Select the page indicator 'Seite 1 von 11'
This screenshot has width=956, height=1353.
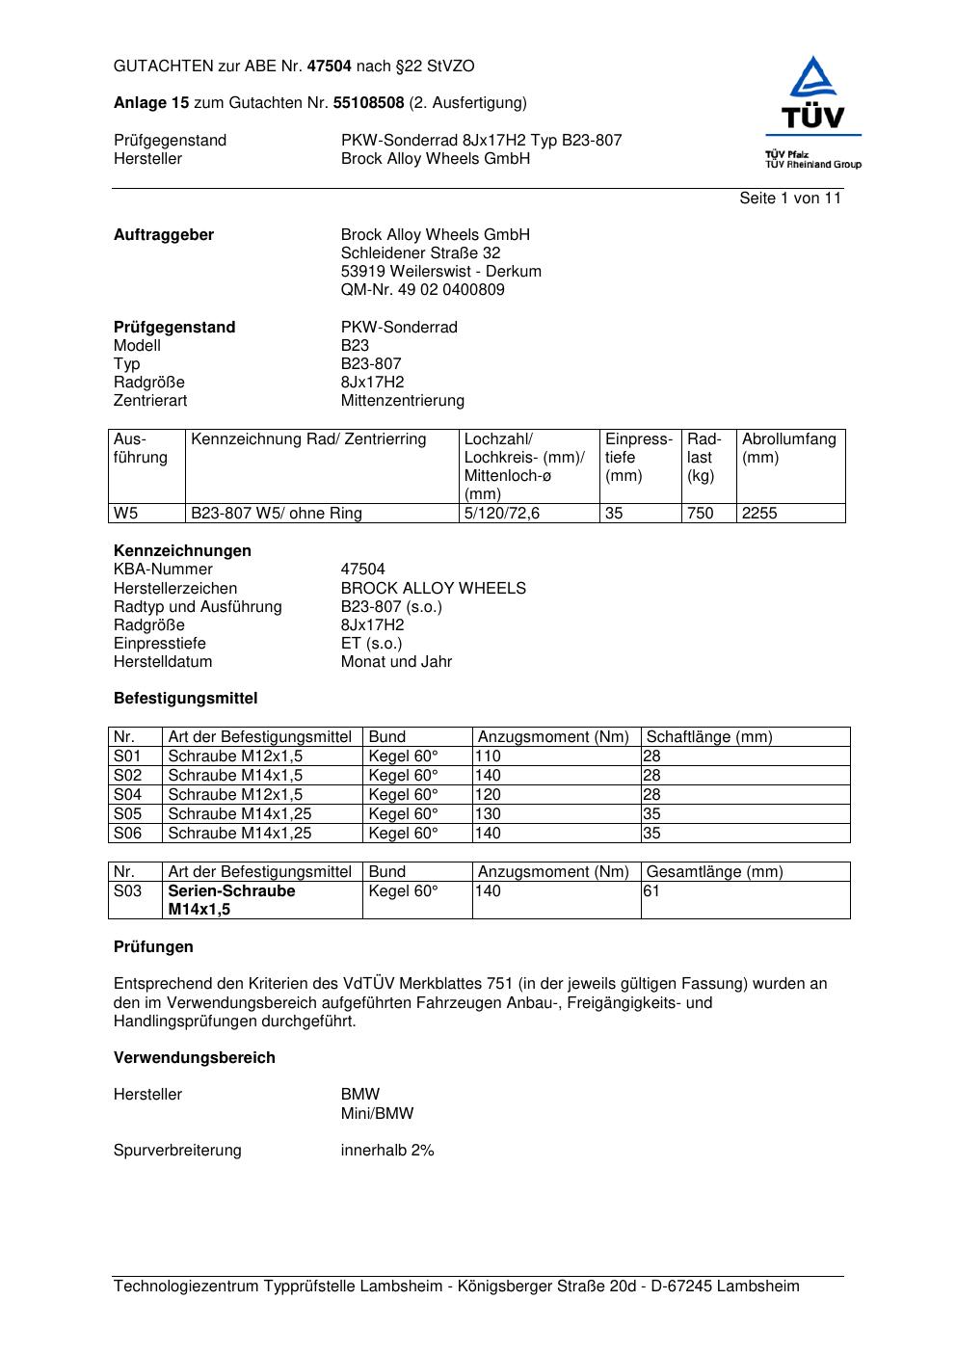[x=790, y=199]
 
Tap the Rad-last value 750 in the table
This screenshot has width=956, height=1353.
[x=701, y=514]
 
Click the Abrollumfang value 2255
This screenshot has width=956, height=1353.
[x=759, y=514]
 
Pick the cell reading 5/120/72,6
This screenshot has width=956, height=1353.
[x=502, y=514]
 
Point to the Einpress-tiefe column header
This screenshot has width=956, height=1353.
[x=639, y=457]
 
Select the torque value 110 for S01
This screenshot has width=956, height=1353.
[x=488, y=756]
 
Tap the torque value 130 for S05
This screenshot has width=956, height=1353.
[x=488, y=814]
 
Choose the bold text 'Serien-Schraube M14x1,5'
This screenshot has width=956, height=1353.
[x=231, y=900]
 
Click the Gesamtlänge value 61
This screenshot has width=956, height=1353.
[x=651, y=891]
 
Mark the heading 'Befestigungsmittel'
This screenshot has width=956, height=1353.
[x=185, y=699]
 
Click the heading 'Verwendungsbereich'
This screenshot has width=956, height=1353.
[x=195, y=1058]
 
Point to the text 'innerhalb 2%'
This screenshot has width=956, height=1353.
[x=387, y=1151]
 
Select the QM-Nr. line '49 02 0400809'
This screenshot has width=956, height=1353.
[x=422, y=290]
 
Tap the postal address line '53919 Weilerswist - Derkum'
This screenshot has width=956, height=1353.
[x=440, y=272]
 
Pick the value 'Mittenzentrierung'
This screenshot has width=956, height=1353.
[x=402, y=401]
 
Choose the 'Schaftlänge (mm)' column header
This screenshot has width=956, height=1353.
[x=709, y=737]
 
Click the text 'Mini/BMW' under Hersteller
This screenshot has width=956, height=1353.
[x=377, y=1114]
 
